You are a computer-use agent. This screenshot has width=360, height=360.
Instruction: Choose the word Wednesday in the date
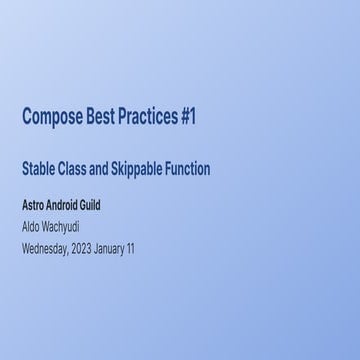(45, 247)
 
